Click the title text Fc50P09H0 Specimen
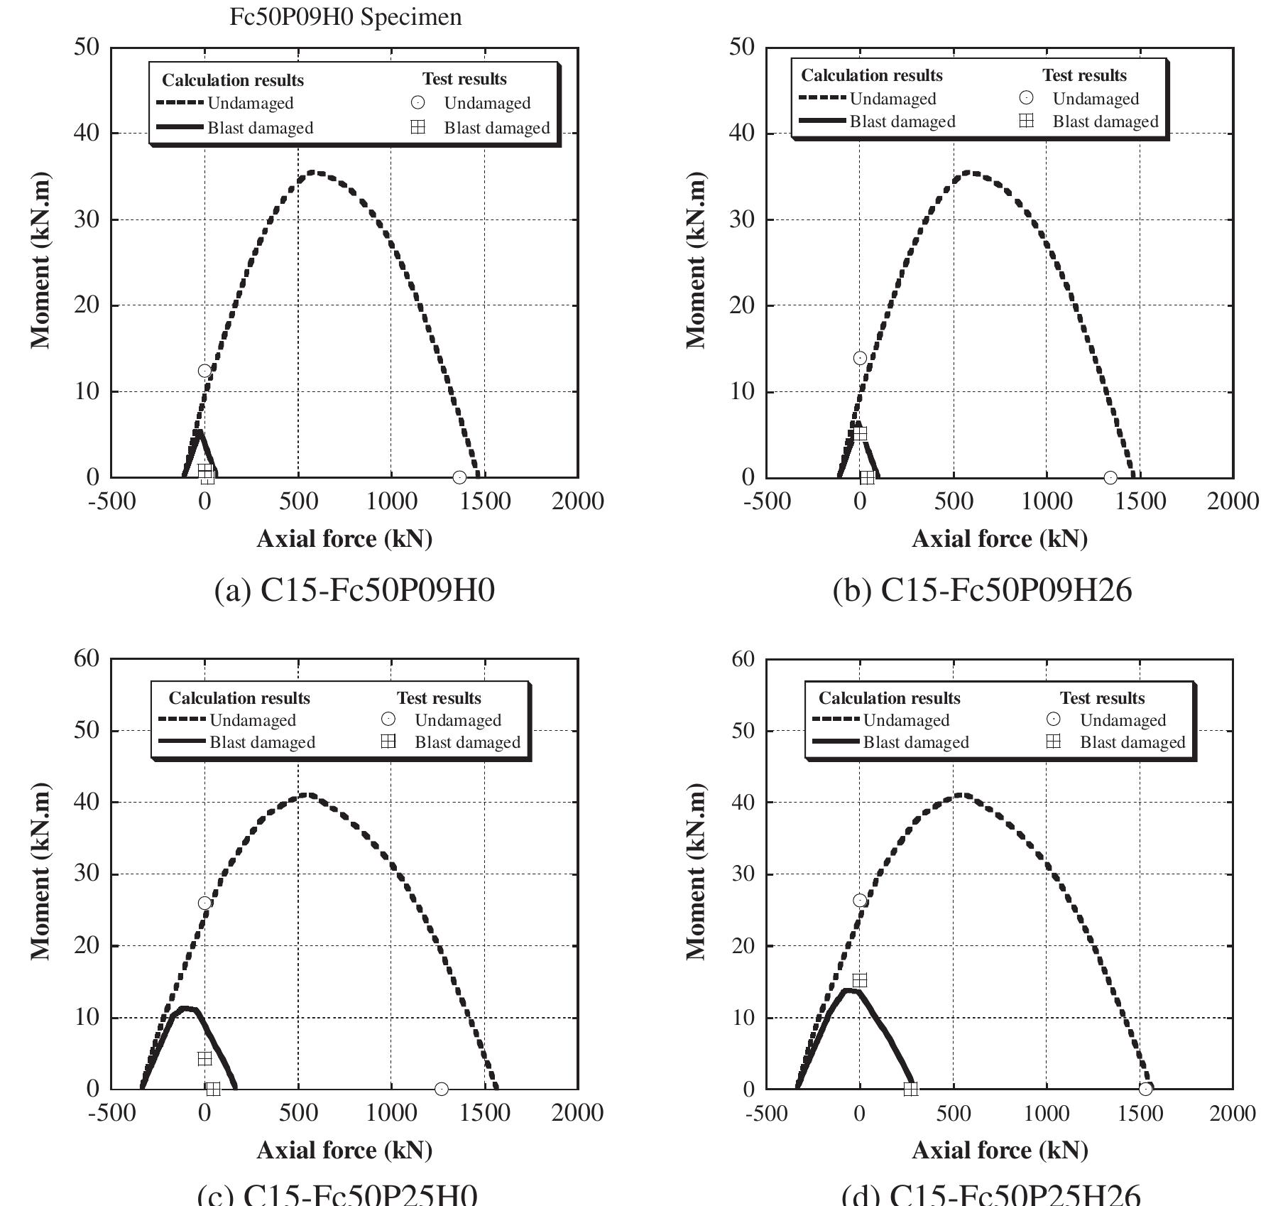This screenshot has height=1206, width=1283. point(345,16)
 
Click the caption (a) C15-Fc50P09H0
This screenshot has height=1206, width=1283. point(354,590)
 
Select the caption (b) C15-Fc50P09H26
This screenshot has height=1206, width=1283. point(982,590)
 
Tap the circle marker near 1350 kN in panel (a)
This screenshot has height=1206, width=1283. point(459,477)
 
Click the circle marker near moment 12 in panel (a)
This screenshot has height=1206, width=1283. point(204,371)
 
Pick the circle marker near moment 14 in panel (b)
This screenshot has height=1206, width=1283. point(860,358)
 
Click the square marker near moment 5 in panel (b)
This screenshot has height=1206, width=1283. point(860,433)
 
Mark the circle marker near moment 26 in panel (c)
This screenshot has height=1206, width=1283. point(204,903)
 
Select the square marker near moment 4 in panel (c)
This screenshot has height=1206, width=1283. point(204,1058)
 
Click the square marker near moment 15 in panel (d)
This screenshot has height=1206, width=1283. point(860,980)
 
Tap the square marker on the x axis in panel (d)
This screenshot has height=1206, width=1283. point(911,1089)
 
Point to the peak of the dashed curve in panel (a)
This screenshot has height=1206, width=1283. point(315,173)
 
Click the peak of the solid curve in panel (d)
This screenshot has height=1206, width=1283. point(849,990)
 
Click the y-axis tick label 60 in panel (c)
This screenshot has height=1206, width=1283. point(87,658)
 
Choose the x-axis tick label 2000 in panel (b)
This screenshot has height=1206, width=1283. point(1233,501)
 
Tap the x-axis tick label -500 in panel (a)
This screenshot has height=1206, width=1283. point(111,501)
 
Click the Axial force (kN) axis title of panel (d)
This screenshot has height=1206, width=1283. point(1000,1150)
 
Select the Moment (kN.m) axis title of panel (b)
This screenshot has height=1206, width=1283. point(697,260)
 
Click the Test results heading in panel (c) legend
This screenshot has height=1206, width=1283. point(439,698)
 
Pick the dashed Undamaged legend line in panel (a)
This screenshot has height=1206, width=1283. point(180,103)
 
